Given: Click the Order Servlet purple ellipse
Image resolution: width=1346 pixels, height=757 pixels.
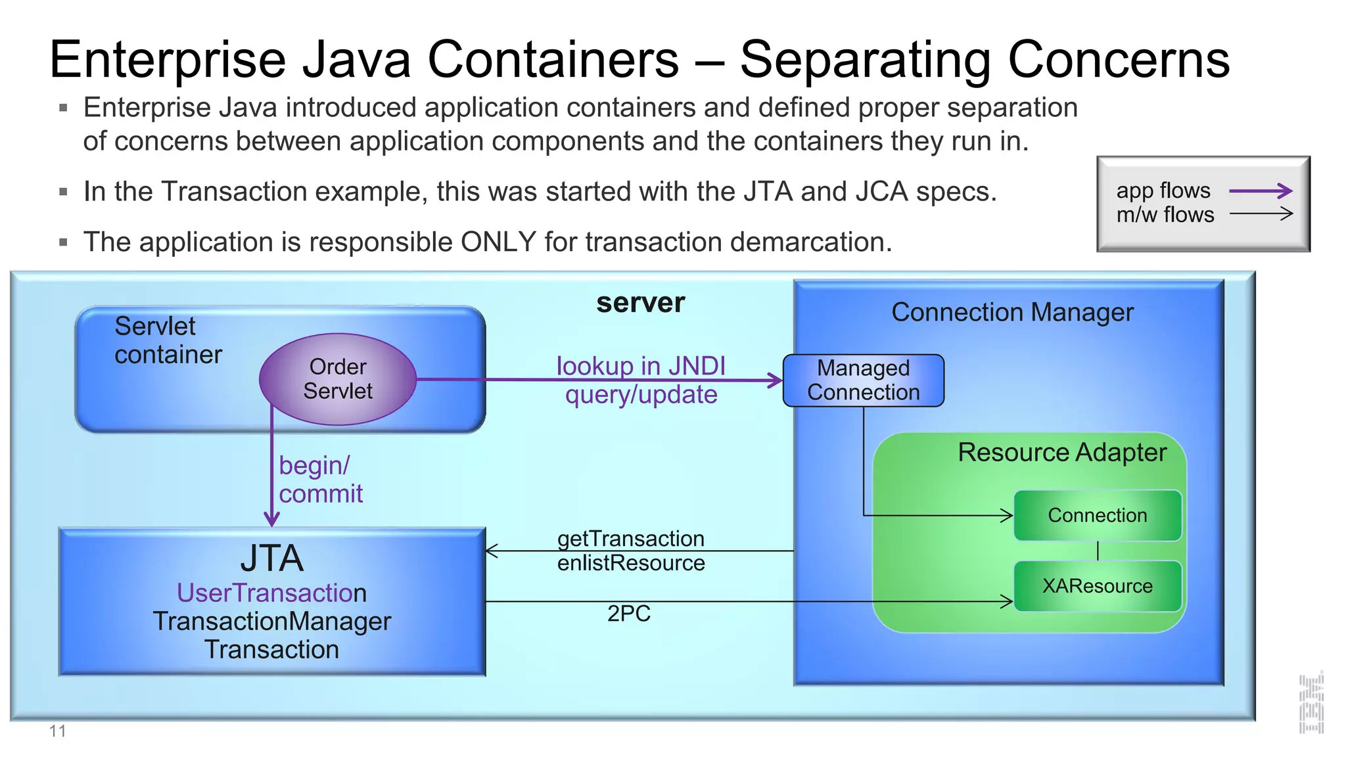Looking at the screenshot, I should click(x=337, y=379).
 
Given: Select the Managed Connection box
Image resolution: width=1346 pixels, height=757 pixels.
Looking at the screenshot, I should click(x=863, y=380).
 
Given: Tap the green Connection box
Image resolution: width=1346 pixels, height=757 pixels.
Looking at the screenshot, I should click(x=1097, y=515).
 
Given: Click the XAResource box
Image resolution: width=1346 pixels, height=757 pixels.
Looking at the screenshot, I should click(x=1097, y=585).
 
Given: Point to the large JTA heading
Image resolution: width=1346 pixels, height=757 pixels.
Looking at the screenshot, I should click(x=271, y=559).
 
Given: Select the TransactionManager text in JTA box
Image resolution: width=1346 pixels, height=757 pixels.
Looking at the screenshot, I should click(x=271, y=621).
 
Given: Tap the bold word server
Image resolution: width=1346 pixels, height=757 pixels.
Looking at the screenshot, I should click(x=640, y=303).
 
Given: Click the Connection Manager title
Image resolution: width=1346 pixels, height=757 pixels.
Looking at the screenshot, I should click(x=1012, y=312).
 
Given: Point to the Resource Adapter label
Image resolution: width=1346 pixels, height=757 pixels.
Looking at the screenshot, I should click(x=1061, y=452).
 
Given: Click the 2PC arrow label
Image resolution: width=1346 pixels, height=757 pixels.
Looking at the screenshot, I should click(x=628, y=613).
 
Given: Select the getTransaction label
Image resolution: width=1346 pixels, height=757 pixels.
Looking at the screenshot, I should click(x=630, y=539).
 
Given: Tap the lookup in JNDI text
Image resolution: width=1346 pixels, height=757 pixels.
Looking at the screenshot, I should click(x=641, y=365).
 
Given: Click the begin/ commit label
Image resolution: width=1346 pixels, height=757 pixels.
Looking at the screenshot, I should click(x=320, y=479).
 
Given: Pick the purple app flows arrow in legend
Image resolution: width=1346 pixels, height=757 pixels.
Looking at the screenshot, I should click(x=1261, y=191).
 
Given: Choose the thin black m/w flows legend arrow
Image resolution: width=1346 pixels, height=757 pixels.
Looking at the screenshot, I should click(x=1261, y=214).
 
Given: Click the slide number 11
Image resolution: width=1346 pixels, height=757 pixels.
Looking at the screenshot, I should click(x=57, y=731).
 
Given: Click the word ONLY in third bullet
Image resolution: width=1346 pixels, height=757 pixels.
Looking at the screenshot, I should click(x=498, y=242).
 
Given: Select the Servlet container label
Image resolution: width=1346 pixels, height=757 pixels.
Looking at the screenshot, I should click(x=168, y=340).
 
